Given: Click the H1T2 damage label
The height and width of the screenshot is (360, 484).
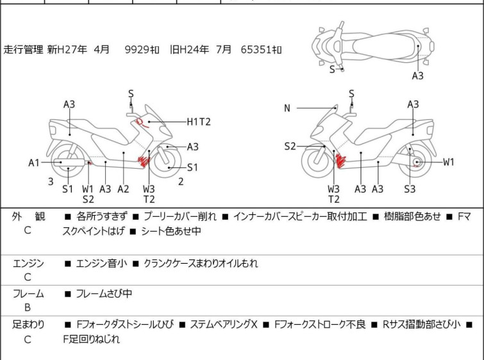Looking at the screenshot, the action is point(199,122).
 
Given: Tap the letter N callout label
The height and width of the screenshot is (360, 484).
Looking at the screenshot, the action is point(287,108).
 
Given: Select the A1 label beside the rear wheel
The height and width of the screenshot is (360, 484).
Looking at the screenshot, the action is point(34,162).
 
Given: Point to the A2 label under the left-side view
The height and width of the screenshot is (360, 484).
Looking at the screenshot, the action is point(123,189).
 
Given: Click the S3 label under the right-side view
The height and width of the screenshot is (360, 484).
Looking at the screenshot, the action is point(410,189).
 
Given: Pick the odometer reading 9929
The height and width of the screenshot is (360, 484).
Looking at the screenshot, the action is point(137,49).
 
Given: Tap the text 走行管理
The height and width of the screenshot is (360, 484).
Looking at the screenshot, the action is point(23,49).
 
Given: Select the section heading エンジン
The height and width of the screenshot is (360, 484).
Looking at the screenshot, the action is point(28,263).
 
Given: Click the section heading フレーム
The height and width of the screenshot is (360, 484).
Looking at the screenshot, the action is point(28,293).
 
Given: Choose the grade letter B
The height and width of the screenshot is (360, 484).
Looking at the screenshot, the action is point(28,307).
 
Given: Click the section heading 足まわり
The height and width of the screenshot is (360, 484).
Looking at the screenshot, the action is point(28,325).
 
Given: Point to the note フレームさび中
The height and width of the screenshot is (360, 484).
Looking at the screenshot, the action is point(104,293).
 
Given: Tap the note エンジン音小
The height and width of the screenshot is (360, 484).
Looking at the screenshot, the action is point(101,263).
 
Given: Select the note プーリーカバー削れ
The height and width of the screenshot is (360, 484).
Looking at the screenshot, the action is point(180,216).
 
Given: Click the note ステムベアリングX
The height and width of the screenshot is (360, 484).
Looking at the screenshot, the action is point(224,325).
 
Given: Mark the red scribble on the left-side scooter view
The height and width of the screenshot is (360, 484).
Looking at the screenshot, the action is point(144,161).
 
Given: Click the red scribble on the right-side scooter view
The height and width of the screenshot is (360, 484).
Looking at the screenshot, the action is point(341,161).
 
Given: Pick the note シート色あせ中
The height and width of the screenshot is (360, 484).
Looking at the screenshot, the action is point(171,231).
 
